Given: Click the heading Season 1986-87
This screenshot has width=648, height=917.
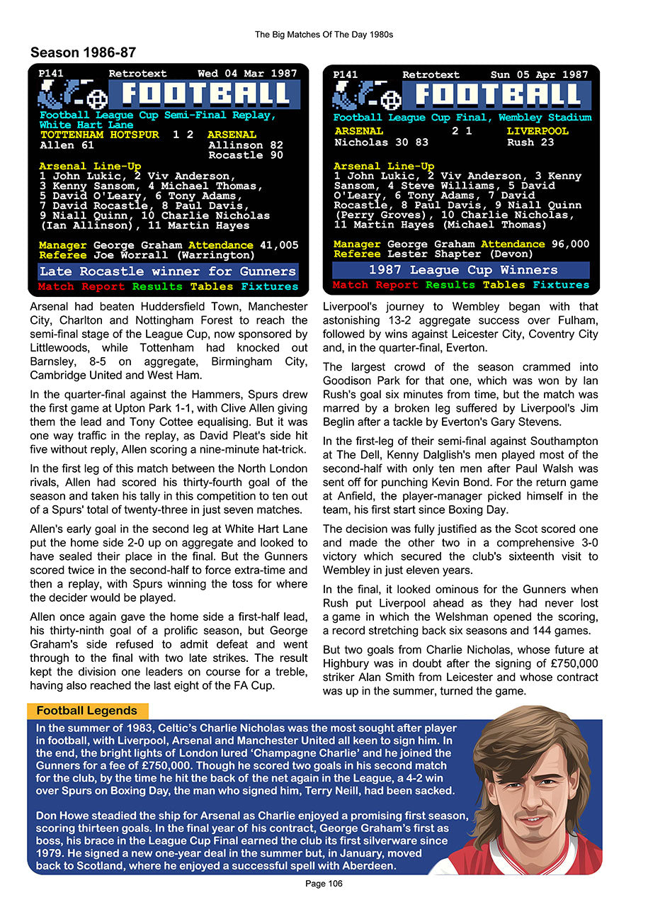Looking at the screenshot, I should point(83,52).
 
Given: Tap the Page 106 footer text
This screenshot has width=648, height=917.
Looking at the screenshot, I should point(324,884).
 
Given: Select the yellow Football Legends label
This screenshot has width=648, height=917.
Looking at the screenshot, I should point(86,711).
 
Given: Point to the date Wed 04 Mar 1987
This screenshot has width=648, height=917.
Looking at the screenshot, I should point(247,74).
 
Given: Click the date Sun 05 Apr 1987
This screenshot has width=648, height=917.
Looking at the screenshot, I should point(539,74).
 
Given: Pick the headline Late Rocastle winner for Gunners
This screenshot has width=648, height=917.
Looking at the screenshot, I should point(168,271).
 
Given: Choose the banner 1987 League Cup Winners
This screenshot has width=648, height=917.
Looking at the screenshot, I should point(460,270).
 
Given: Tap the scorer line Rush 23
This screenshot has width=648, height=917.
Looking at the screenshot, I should point(530,142).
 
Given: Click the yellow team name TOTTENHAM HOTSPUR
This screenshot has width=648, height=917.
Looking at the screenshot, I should point(100,135).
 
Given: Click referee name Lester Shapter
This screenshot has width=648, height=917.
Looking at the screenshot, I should point(423,254).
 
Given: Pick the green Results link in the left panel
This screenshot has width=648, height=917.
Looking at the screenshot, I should point(158,287).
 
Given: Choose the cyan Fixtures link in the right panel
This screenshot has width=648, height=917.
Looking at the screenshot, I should point(561,285).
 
